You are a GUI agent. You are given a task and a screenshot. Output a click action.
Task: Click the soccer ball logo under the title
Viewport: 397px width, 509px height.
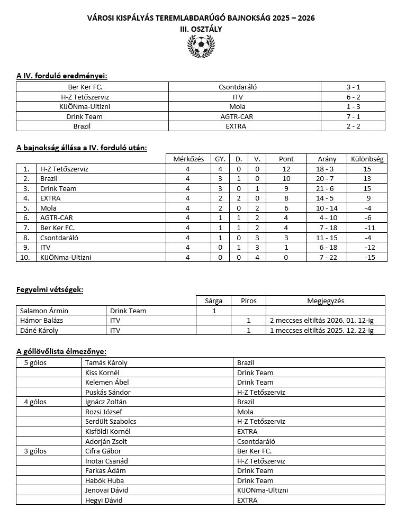(x=201, y=47)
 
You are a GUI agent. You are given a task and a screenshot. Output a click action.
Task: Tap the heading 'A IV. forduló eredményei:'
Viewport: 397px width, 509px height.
(x=65, y=76)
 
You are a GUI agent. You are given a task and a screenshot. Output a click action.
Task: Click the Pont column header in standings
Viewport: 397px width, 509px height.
(x=286, y=159)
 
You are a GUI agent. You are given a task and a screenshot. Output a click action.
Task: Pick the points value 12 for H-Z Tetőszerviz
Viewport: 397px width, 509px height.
(x=286, y=169)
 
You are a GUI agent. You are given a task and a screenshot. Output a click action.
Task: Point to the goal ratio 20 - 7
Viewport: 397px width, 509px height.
(x=327, y=179)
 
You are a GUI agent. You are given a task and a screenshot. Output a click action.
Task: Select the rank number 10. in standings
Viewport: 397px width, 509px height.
(x=26, y=257)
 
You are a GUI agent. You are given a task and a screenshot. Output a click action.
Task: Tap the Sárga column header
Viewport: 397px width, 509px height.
(x=214, y=301)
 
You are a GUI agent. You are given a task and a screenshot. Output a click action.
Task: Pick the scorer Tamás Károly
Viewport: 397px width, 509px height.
(x=106, y=363)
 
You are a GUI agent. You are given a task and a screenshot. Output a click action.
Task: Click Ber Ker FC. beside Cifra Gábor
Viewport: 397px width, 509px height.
(x=254, y=451)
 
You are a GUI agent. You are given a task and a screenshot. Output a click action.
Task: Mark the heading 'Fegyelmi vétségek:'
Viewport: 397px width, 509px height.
(x=50, y=289)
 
